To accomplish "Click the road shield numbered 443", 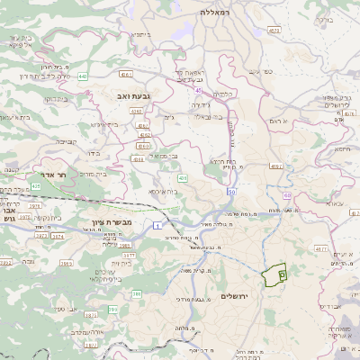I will click(83, 76).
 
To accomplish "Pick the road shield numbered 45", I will click(197, 90).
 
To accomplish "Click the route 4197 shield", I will click(276, 166).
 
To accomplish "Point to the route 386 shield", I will click(137, 293).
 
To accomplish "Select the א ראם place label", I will click(279, 121).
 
